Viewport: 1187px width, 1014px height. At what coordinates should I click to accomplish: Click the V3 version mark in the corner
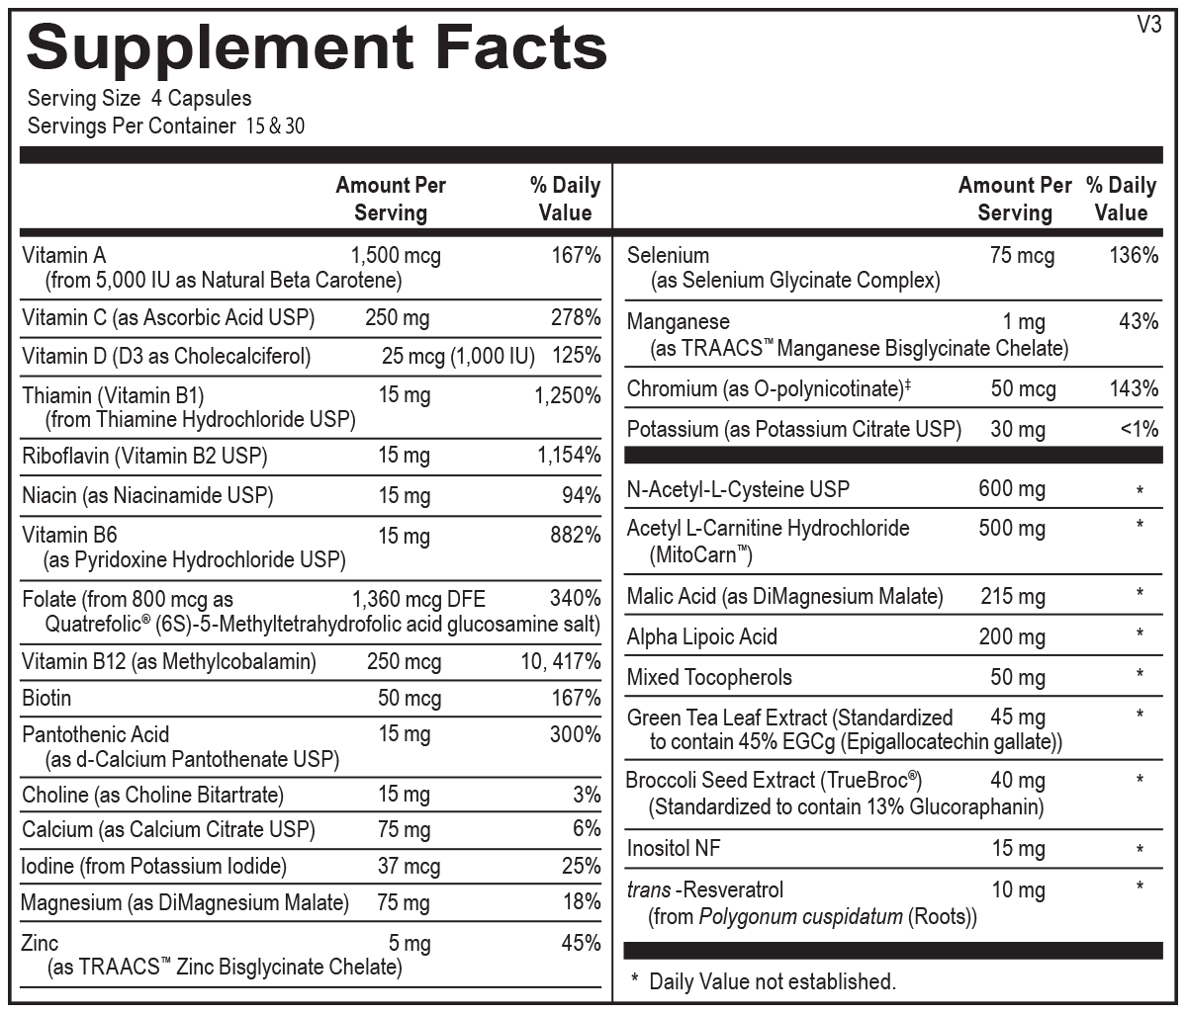click(1148, 26)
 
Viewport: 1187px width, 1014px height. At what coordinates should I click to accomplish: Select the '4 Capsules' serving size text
click(202, 99)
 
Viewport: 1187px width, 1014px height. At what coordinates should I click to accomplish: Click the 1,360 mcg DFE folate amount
click(418, 599)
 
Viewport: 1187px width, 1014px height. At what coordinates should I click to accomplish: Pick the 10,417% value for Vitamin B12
click(561, 662)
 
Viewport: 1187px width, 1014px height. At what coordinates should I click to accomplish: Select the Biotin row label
click(46, 699)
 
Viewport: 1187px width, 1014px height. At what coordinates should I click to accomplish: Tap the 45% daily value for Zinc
click(581, 943)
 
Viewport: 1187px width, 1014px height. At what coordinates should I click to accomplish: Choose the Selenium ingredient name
click(668, 256)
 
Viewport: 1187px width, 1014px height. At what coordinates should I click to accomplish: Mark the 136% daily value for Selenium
click(1134, 256)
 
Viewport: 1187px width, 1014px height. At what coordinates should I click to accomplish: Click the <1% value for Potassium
click(1139, 430)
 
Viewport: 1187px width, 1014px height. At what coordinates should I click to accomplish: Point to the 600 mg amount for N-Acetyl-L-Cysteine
click(1012, 488)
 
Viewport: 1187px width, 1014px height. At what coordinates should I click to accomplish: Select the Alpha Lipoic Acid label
click(702, 637)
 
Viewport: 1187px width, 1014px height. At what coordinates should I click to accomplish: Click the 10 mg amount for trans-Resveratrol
click(1018, 890)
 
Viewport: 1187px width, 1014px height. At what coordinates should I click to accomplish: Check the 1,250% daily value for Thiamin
click(568, 396)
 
